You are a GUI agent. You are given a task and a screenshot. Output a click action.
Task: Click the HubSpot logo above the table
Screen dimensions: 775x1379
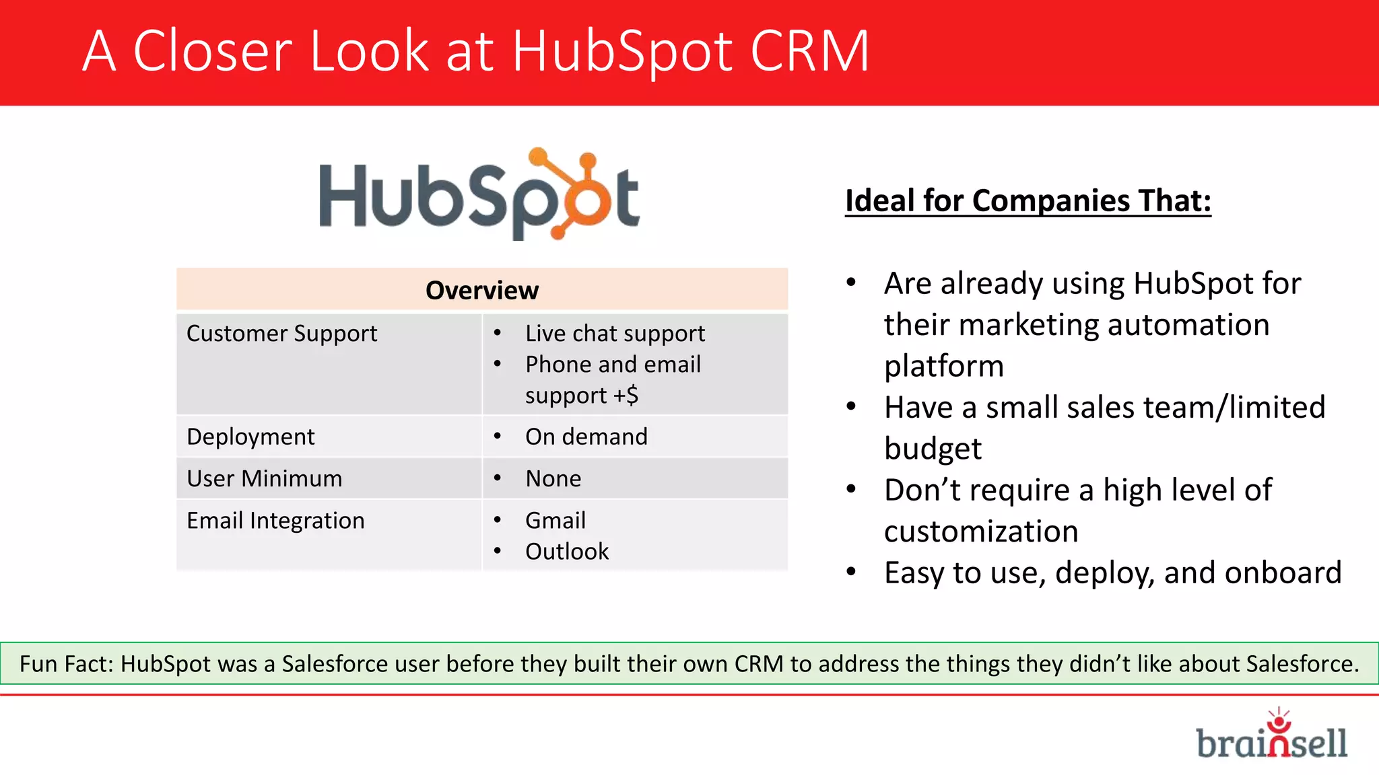click(479, 194)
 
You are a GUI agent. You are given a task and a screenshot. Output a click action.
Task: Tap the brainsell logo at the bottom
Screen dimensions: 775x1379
click(1271, 737)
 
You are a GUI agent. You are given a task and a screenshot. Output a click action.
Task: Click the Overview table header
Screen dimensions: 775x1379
click(482, 291)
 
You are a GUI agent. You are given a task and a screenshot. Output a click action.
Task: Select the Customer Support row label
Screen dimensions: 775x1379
click(281, 334)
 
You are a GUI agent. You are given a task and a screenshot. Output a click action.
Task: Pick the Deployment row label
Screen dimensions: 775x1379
click(250, 437)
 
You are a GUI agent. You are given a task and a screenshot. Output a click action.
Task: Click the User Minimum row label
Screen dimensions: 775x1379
click(264, 479)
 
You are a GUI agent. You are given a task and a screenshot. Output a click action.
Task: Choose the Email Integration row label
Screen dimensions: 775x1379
click(275, 521)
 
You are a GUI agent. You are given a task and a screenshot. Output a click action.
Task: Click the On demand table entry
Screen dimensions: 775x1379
click(586, 437)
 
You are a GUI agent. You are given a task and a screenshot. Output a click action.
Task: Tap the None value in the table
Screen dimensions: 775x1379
click(553, 479)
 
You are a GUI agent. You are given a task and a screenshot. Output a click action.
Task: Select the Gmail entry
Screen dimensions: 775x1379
click(556, 521)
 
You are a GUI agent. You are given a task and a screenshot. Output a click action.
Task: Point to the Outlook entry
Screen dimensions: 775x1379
click(567, 552)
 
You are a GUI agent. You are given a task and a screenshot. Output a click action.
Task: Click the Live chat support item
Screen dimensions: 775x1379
click(615, 334)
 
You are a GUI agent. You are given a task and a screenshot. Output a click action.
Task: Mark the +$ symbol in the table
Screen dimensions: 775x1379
click(626, 395)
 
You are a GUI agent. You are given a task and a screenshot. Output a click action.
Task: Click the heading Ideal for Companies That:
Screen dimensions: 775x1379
click(1028, 201)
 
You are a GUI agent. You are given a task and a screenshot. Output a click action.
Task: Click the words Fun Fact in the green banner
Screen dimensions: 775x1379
click(67, 664)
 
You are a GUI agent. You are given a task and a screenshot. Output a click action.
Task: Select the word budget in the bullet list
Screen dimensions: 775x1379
click(933, 449)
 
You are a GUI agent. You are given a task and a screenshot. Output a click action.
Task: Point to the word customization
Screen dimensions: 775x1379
click(981, 531)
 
